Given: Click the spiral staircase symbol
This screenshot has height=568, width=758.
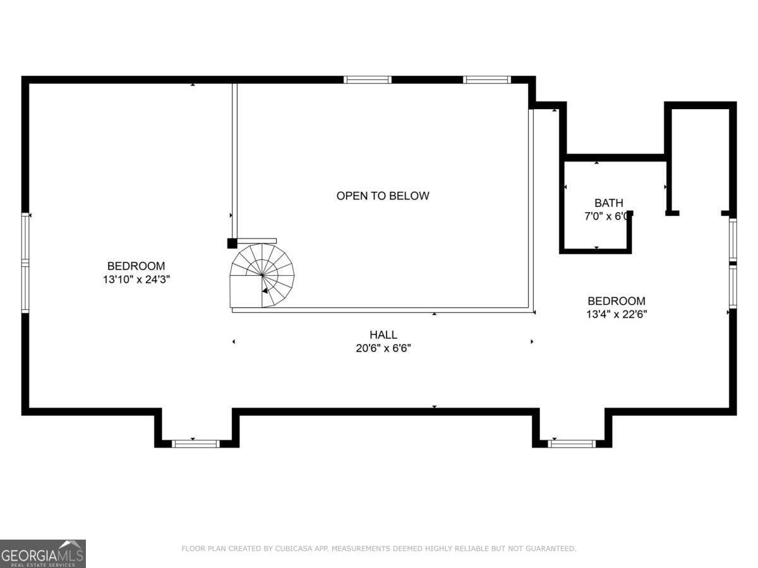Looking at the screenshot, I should tap(262, 276).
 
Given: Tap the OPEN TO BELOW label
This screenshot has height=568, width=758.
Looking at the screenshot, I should tap(382, 196).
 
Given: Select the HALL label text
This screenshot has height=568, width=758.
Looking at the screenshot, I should tap(383, 334).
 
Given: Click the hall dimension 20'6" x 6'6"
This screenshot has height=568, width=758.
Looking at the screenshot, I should tap(383, 348).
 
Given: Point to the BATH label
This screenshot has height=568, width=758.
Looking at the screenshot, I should tap(608, 203).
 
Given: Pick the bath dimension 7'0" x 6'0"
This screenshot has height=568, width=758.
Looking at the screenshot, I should tap(607, 216).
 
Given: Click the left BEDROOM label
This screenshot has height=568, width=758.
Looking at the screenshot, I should tap(136, 266).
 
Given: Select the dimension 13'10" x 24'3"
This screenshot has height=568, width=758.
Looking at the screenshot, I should tap(136, 279).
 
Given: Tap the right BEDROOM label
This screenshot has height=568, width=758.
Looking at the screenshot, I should tap(617, 301).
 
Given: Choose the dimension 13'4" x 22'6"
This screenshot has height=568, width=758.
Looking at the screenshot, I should tap(617, 314).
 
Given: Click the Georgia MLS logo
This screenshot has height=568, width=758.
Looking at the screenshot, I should tap(42, 553).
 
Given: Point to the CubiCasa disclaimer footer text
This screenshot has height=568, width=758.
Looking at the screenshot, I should tap(378, 548).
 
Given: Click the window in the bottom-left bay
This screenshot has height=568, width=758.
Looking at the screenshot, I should tap(196, 444).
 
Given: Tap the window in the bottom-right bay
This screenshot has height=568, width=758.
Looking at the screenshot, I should tap(572, 444).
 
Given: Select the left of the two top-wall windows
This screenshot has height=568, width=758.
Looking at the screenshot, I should tap(368, 80).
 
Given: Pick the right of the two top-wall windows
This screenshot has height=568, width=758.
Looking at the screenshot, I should tap(486, 80).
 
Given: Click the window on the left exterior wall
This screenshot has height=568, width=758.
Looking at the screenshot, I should tap(25, 263).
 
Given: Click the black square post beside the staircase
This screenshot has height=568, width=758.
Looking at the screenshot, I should tap(232, 243).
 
